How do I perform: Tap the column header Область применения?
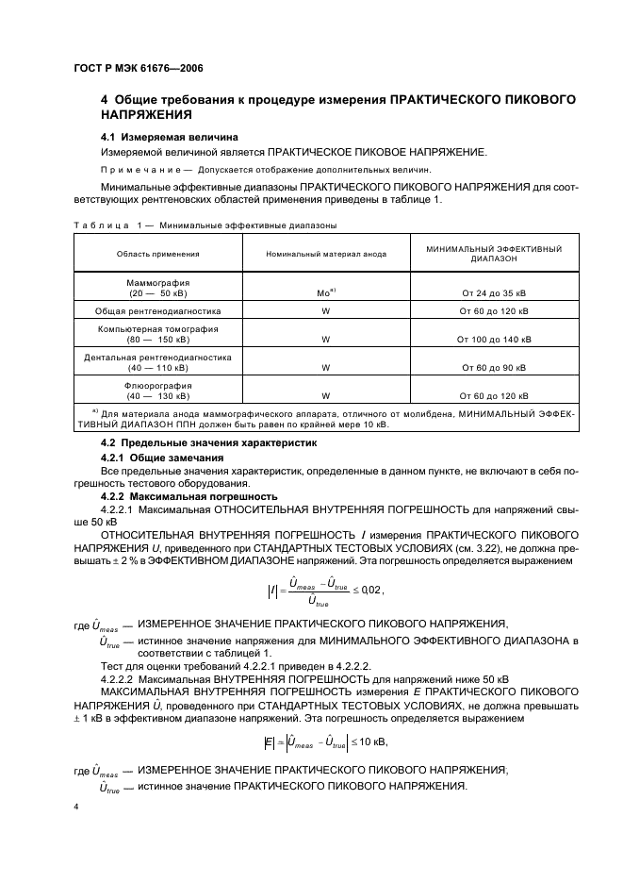point(157,254)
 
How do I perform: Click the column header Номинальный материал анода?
point(324,254)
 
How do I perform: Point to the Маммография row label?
point(157,287)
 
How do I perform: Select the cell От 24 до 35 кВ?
point(494,292)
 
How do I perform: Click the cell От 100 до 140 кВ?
point(494,340)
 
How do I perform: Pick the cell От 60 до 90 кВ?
point(494,368)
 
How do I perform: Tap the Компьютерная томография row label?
point(157,334)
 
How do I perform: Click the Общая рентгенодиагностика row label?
point(157,310)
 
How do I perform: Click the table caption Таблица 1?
point(107,225)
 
